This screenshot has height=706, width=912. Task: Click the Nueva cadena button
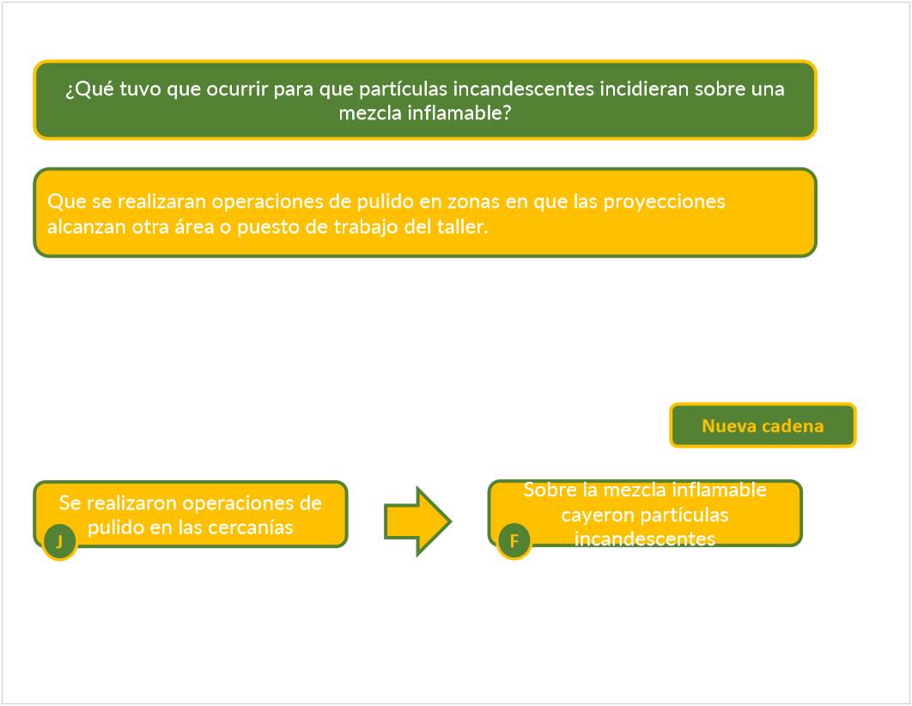coord(763,426)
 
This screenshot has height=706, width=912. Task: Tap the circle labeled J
coord(59,542)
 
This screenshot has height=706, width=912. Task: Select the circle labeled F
coord(514,542)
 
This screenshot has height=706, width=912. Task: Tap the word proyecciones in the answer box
coord(664,202)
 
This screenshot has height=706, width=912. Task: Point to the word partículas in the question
coord(407,89)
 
